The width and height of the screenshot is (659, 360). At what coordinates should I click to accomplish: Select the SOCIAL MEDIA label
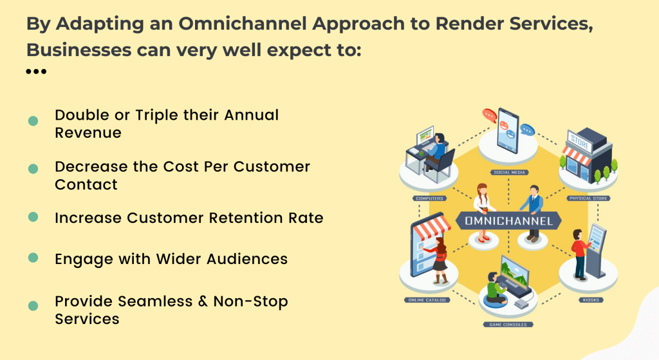coord(509,172)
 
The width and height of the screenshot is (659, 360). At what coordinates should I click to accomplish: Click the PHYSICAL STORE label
coord(589,198)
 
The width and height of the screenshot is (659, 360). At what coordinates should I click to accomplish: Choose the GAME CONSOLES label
coord(508,325)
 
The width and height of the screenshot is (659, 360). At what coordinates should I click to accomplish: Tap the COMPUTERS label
coord(429,198)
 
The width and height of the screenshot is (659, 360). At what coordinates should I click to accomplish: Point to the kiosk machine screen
coord(597,240)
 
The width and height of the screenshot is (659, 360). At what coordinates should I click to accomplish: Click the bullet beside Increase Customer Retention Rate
coord(33,217)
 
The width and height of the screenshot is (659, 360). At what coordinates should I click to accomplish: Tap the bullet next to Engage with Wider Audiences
coord(33,258)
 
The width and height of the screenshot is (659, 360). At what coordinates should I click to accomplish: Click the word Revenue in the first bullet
coord(88,133)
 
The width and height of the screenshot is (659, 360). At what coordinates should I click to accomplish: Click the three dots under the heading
coord(36,71)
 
